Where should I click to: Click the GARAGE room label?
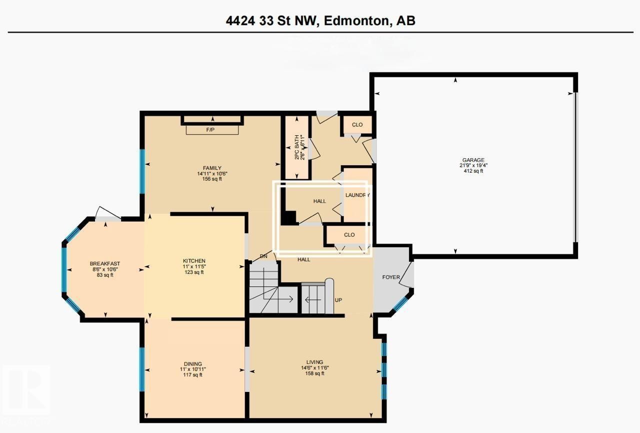(x=472, y=160)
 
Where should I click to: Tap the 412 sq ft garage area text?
(x=472, y=171)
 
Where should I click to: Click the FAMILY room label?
(x=212, y=168)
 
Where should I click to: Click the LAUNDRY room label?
(x=357, y=195)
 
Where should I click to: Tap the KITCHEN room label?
(x=194, y=261)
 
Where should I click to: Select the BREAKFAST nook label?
(x=105, y=264)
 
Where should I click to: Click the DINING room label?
(x=192, y=364)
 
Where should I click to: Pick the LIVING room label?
(x=315, y=362)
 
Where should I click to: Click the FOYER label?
(x=391, y=276)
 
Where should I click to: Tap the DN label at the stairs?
(x=264, y=256)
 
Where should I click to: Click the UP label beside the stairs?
(x=338, y=300)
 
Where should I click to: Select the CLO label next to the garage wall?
(x=357, y=125)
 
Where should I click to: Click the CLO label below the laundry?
(x=349, y=235)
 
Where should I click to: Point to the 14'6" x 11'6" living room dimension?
(x=315, y=367)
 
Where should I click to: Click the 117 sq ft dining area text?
(x=192, y=375)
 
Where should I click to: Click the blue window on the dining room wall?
(x=142, y=369)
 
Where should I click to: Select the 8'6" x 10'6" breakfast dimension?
(x=105, y=269)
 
